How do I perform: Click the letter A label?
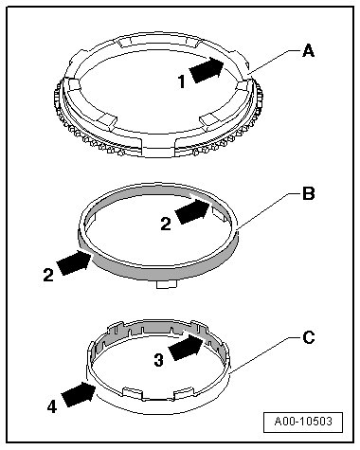308,51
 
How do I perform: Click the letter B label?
309,193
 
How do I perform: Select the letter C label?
309,337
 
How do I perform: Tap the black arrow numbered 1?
207,69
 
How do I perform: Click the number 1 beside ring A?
182,82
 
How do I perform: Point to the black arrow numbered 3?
186,347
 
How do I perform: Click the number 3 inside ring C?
159,360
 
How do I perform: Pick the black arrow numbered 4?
79,394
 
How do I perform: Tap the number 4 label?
52,406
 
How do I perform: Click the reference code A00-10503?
303,422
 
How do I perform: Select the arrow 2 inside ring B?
192,211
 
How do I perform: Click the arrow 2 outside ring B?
74,262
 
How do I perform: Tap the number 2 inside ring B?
166,225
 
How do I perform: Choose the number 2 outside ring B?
48,275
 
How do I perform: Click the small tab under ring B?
167,284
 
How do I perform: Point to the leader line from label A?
274,62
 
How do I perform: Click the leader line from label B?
268,210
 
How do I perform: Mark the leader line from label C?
264,355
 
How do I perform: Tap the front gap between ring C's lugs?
157,395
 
